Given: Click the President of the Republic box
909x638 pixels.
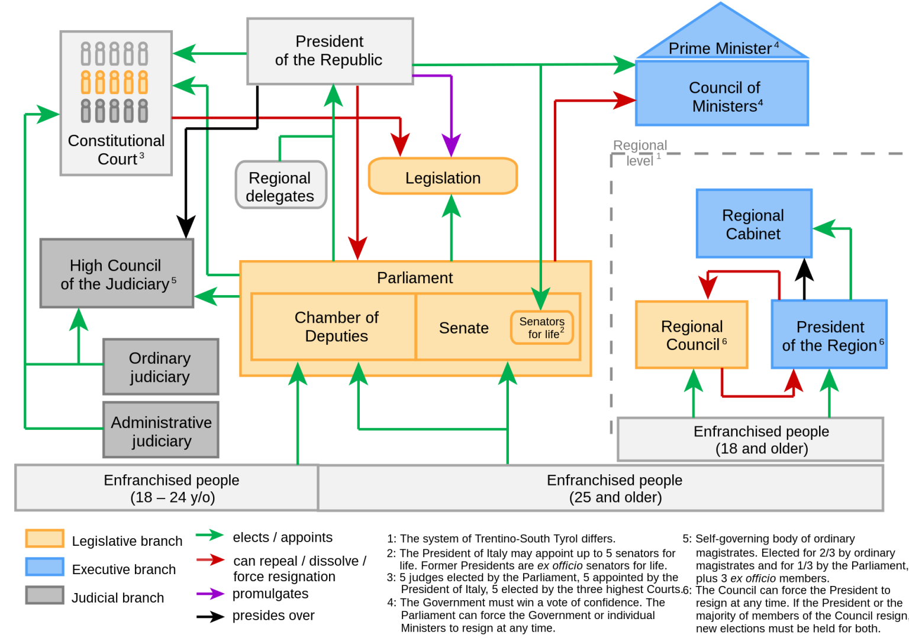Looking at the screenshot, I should point(330,51).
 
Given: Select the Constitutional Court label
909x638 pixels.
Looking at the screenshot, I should point(116,150).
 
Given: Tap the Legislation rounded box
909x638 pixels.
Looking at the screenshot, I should point(443,177).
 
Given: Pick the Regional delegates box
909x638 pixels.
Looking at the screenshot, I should point(281,186).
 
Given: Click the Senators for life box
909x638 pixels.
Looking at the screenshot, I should point(541,328).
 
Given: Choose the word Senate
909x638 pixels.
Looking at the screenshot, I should point(463,328).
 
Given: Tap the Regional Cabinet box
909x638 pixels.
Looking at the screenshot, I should point(753,224).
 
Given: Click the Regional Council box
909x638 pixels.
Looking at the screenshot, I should point(691,335).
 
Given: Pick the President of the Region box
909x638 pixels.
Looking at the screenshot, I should point(829,335).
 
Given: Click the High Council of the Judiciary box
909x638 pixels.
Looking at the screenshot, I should point(117,274).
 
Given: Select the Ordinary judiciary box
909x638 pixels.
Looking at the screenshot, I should point(160,367).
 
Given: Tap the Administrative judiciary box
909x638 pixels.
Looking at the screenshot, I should point(161,430).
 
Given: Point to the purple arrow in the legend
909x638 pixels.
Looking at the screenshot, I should point(210,594).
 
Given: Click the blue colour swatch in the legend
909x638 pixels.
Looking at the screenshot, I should point(44,566).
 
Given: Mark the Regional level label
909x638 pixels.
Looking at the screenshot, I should point(640,153).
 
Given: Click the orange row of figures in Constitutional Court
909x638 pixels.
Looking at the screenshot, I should point(114,82).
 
